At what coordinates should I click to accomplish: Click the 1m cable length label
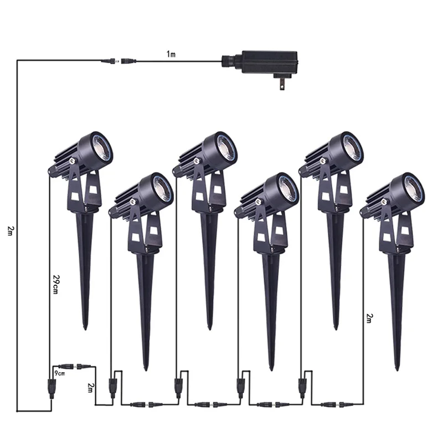click(x=171, y=54)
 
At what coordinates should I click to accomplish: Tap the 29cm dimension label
click(x=56, y=284)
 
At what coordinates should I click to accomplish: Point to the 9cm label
click(x=60, y=373)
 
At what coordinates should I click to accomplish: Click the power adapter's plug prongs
click(x=281, y=84)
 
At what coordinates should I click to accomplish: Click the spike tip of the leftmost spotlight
click(x=85, y=328)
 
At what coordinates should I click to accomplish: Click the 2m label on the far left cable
click(x=10, y=231)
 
